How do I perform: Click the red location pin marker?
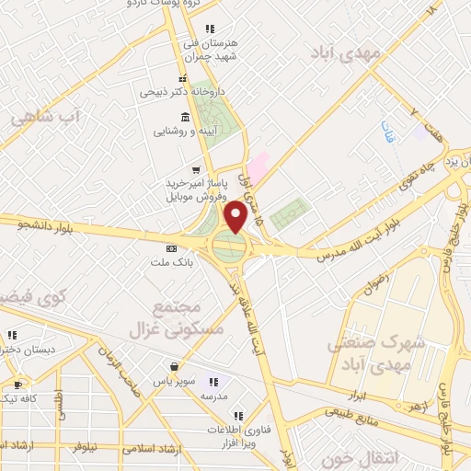(235, 216)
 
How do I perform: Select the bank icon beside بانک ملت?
(171, 248)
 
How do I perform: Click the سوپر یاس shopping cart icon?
(171, 365)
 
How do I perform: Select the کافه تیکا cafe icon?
(17, 385)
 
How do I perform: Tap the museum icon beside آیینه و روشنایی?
(186, 117)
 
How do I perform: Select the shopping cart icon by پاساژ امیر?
(195, 170)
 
